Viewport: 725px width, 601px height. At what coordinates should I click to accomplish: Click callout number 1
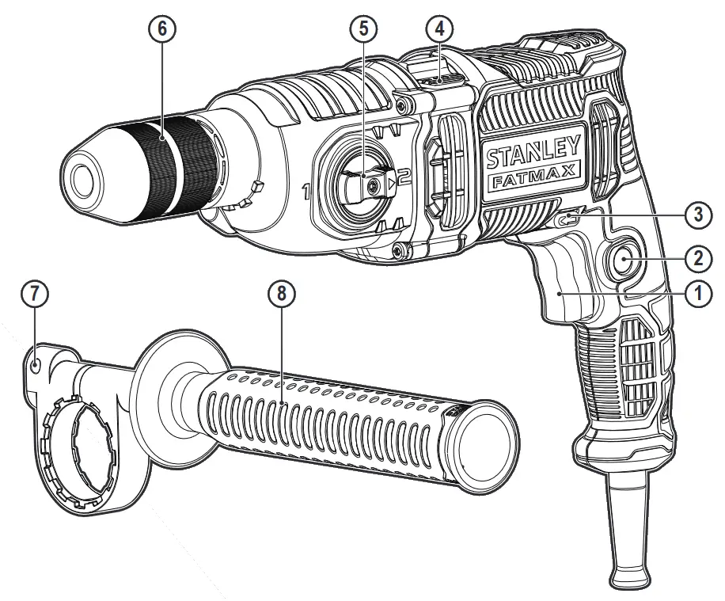pyautogui.click(x=698, y=293)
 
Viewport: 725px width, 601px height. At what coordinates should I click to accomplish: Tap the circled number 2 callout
pyautogui.click(x=698, y=257)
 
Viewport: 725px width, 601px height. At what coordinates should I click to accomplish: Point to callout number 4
pyautogui.click(x=439, y=29)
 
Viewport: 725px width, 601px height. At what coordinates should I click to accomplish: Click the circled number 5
pyautogui.click(x=362, y=29)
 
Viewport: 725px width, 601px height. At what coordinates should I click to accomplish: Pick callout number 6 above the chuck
pyautogui.click(x=162, y=29)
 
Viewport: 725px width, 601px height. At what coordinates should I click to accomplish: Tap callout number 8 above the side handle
pyautogui.click(x=281, y=293)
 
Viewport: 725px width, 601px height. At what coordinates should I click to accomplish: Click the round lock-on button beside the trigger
pyautogui.click(x=624, y=259)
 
